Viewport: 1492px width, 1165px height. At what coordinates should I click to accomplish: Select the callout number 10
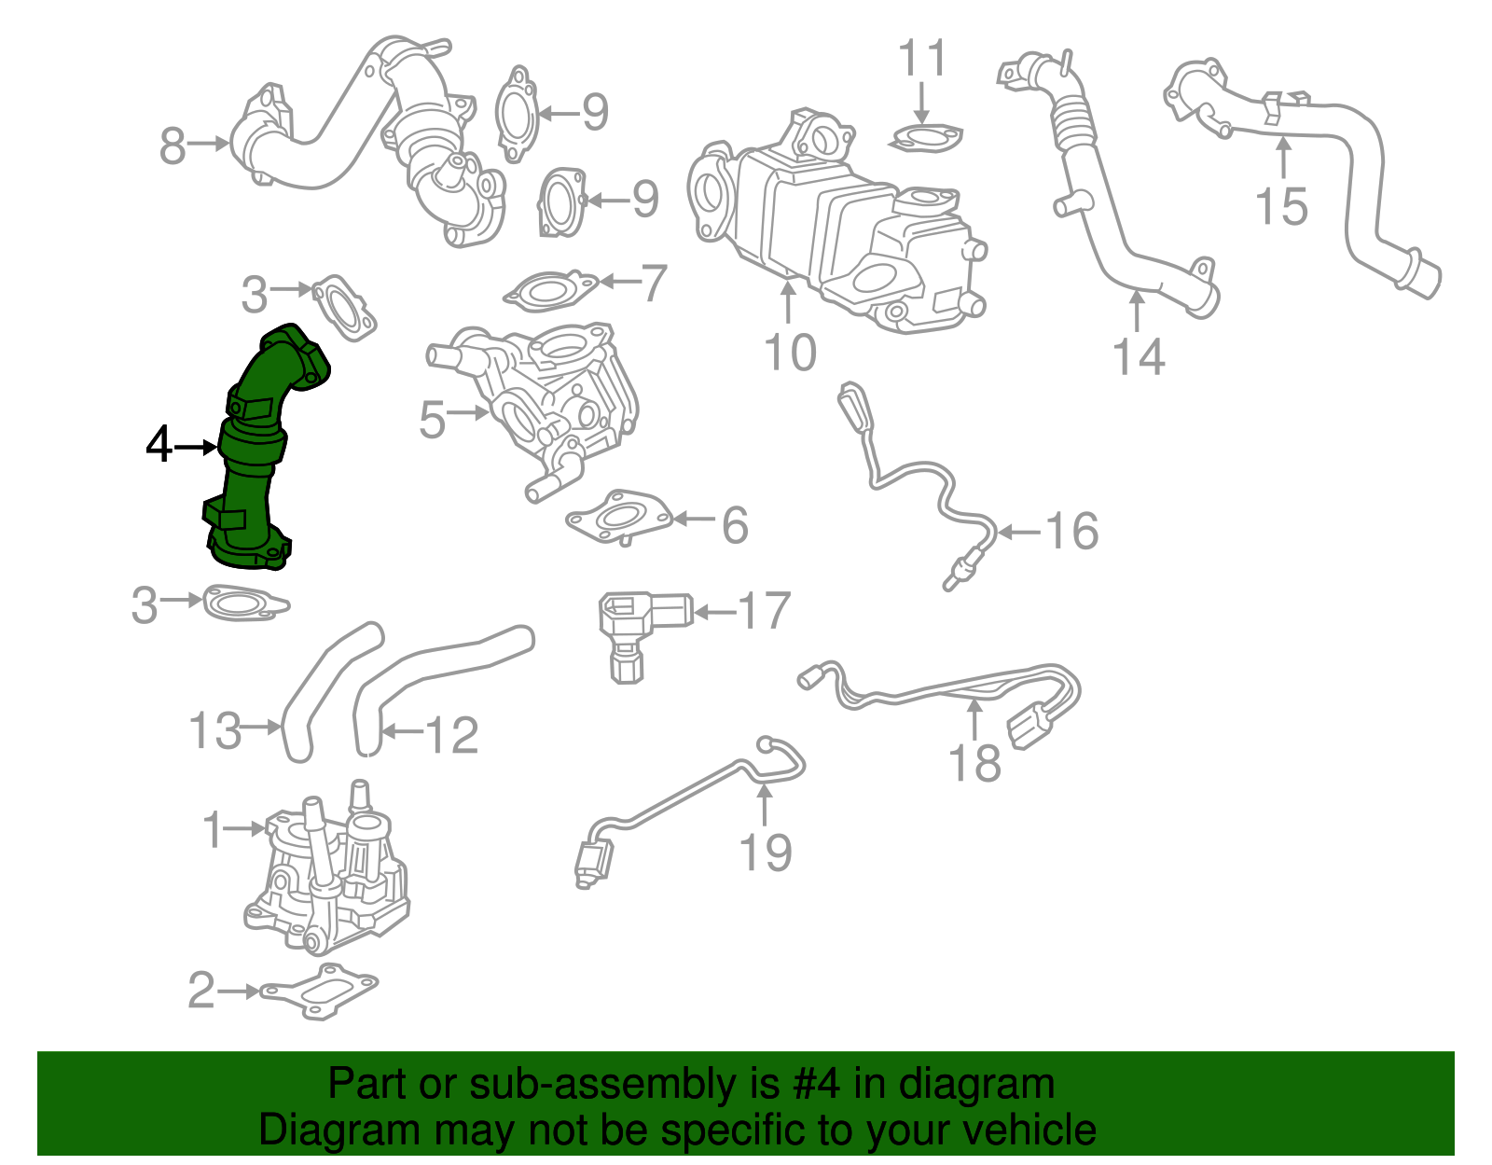tap(789, 353)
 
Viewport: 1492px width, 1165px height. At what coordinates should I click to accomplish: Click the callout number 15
tap(1281, 206)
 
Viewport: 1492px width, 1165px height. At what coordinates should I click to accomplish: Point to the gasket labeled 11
tap(925, 139)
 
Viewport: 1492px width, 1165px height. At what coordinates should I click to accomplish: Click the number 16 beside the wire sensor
tap(1071, 532)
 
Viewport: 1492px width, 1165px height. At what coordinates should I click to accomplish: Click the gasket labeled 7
tap(550, 291)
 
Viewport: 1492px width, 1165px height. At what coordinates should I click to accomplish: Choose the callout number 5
tap(432, 420)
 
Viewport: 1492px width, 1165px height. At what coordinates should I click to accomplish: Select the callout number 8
tap(173, 146)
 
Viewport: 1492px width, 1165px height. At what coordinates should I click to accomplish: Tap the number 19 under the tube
tap(765, 853)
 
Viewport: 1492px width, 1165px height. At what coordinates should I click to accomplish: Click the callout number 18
tap(974, 763)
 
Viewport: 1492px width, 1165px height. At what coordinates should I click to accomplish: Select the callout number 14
tap(1139, 356)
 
